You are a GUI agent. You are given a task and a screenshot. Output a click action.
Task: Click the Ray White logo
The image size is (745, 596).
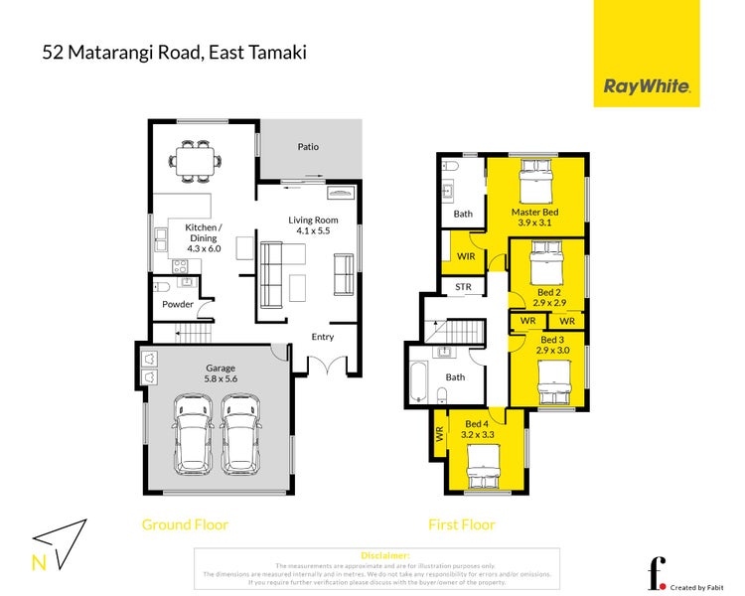coord(647,86)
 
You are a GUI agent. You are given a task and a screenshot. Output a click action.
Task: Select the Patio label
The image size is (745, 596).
coord(308,147)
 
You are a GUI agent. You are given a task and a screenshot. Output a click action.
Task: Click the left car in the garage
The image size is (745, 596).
coord(193,433)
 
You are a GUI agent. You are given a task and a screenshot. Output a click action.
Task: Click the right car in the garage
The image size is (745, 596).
coord(239,433)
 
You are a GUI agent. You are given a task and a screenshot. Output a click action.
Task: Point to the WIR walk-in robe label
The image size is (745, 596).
coord(464,256)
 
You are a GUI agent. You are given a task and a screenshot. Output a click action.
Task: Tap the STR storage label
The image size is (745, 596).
coord(463,288)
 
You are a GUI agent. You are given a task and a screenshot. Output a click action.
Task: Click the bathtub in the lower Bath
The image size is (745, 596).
coord(416,380)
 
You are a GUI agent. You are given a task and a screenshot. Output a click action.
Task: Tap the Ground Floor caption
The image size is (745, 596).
coord(185,524)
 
